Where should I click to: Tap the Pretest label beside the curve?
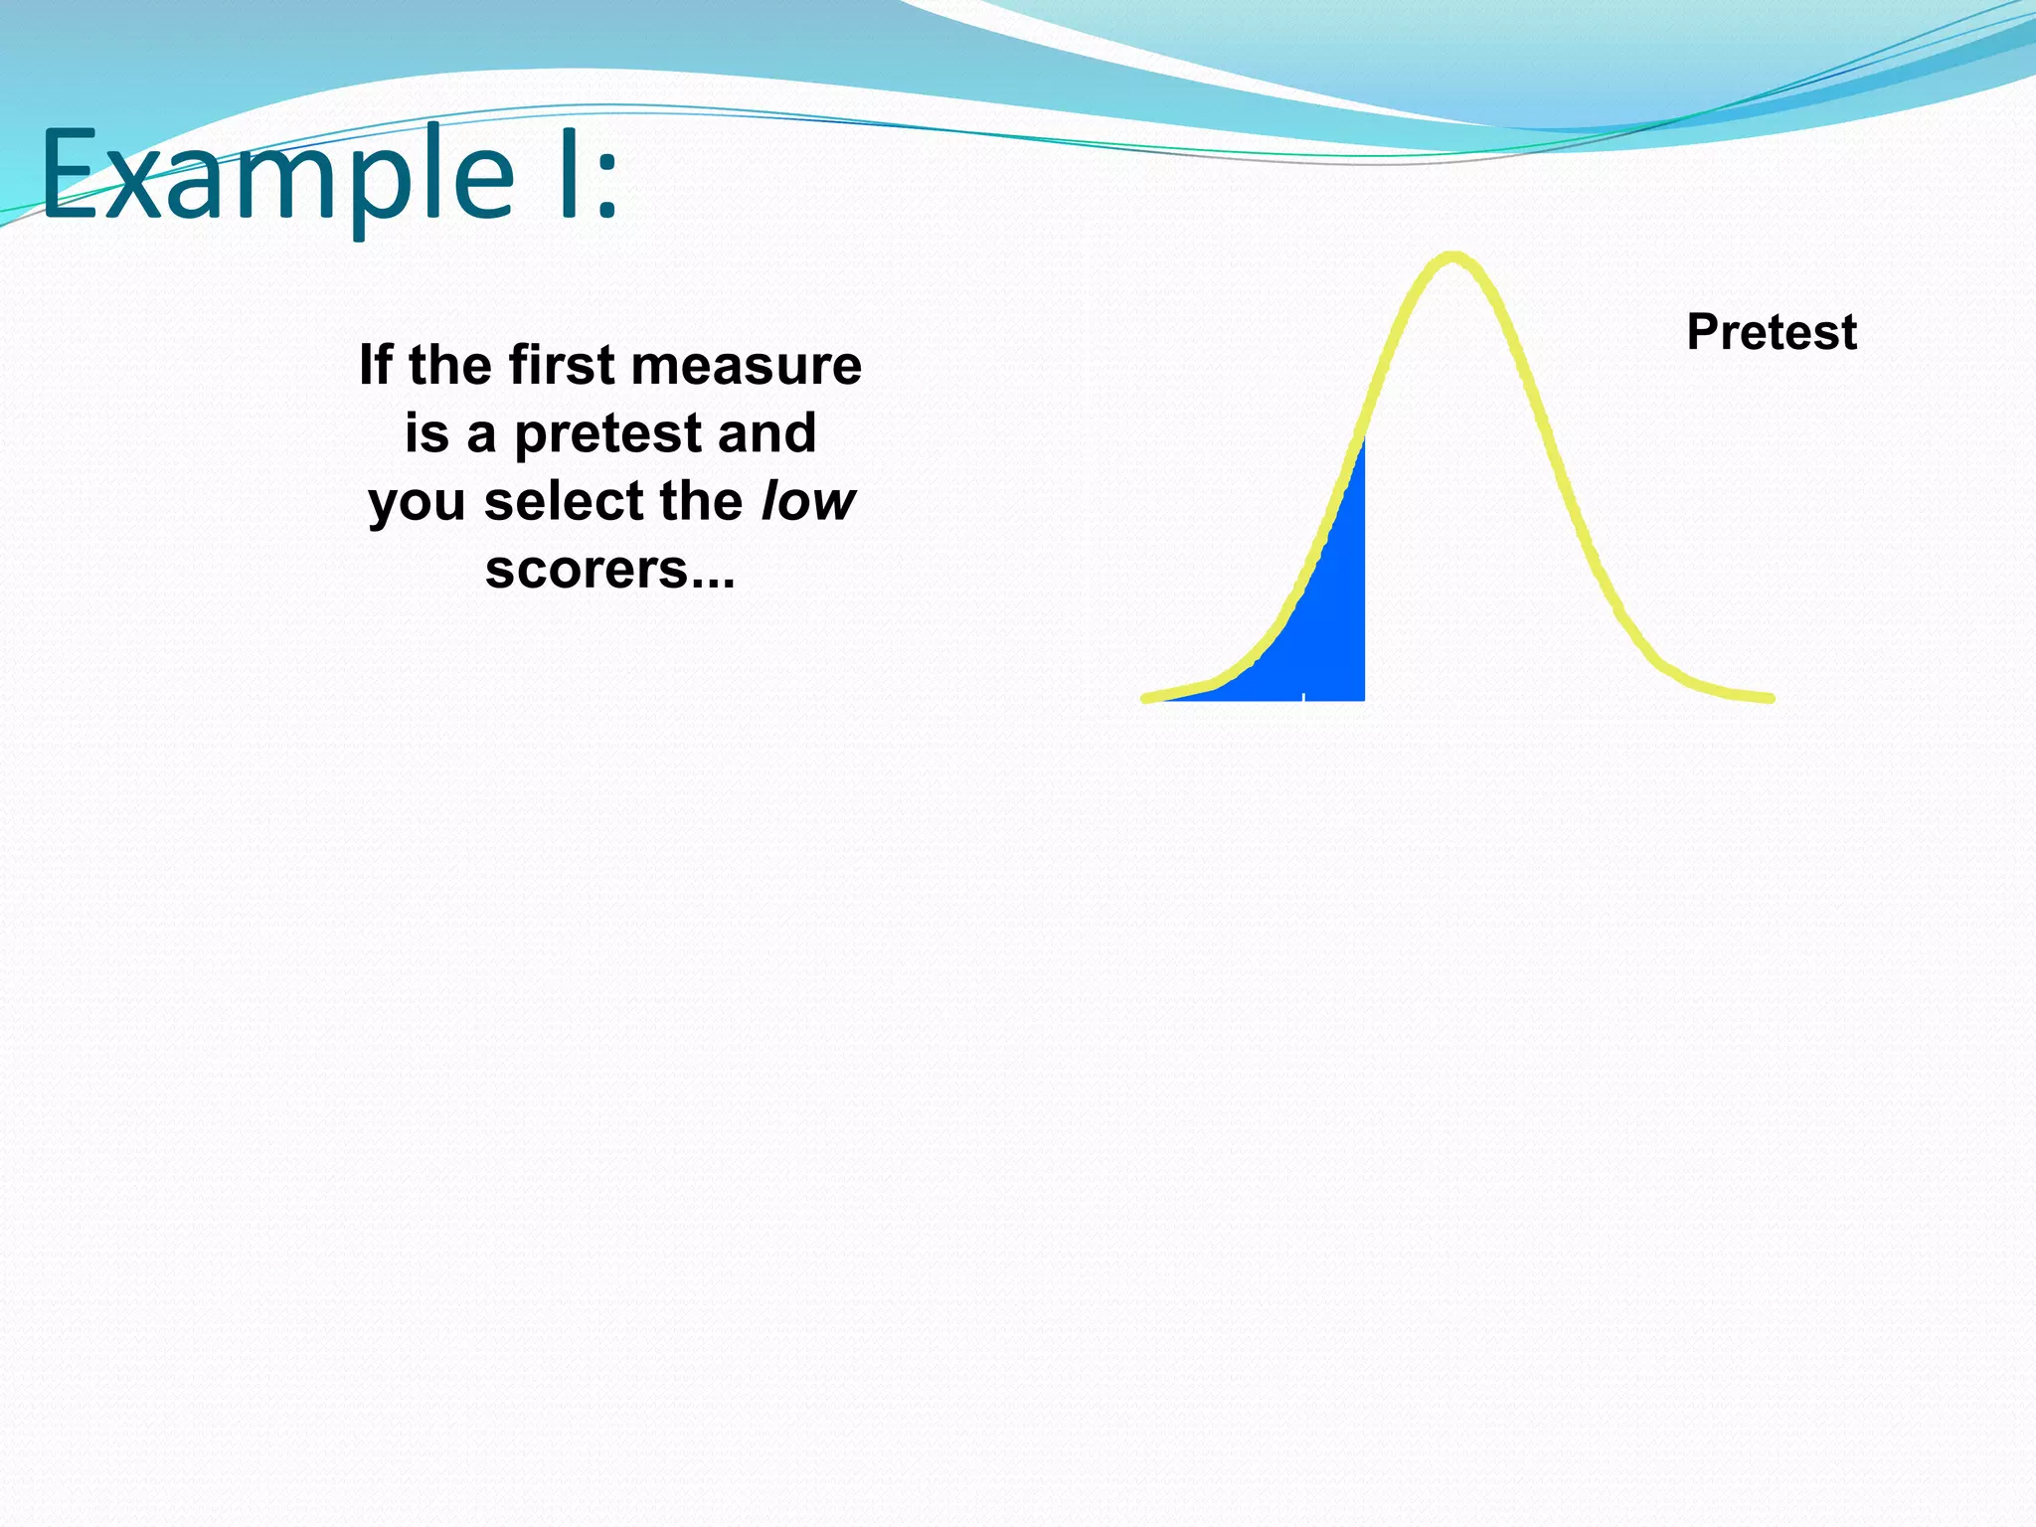point(1771,332)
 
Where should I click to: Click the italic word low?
point(807,500)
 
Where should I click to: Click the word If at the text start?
point(375,365)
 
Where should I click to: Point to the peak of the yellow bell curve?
point(1452,258)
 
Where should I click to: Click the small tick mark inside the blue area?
point(1303,695)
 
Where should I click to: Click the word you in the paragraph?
point(417,502)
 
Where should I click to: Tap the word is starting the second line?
point(425,433)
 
